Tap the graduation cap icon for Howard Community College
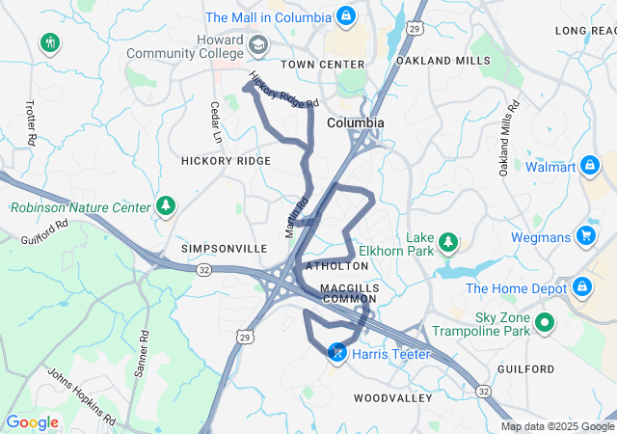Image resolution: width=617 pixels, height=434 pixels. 258,44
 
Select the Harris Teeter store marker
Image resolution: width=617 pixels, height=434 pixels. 338,355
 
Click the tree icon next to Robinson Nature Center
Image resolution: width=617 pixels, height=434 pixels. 167,206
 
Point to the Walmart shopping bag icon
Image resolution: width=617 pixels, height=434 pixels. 590,167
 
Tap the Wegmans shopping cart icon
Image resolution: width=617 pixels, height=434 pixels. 585,235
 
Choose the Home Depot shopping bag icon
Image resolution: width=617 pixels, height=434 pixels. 582,287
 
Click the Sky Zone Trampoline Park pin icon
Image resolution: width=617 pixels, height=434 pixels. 545,323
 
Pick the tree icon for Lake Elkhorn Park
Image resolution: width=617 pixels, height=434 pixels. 447,241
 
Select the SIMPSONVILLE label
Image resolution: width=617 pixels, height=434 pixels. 225,248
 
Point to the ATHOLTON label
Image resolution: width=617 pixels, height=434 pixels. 337,265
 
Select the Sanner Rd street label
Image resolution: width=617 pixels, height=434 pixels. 143,354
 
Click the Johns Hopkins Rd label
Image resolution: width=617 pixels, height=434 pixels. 81,396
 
